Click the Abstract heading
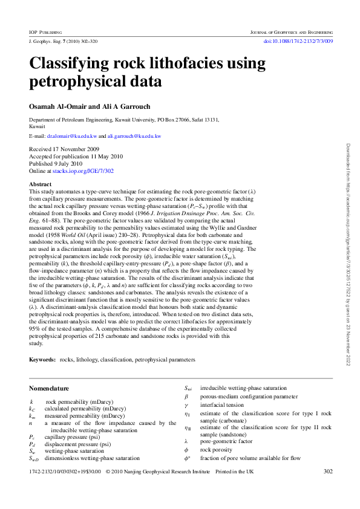tap(41, 184)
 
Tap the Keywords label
tap(42, 359)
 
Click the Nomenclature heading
tap(49, 388)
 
